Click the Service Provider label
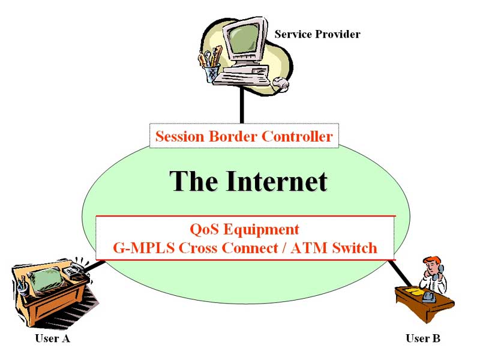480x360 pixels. tap(317, 34)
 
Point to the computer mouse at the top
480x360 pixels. tap(281, 83)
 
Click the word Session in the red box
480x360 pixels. tap(179, 136)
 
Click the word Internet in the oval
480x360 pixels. tap(277, 181)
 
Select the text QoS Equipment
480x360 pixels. tap(244, 229)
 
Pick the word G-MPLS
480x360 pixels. tap(144, 248)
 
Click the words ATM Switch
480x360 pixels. tap(334, 248)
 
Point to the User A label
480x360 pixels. tap(52, 338)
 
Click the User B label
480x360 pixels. tap(423, 338)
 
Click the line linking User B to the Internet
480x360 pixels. tap(401, 274)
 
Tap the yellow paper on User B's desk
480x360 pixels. tap(412, 290)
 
